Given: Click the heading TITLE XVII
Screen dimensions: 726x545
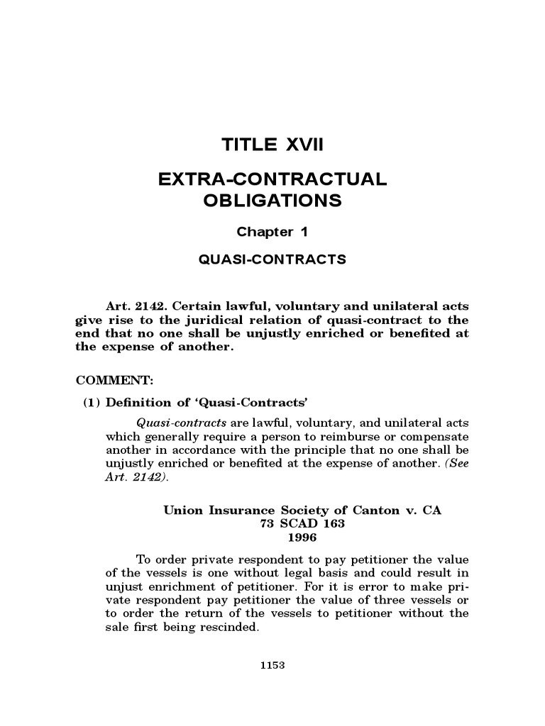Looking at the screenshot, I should (x=272, y=146).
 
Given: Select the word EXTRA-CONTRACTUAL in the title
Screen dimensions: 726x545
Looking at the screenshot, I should (x=272, y=179).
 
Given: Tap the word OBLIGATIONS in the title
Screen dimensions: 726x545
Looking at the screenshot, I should (x=272, y=201).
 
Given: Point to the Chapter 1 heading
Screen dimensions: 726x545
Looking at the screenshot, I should (x=272, y=232).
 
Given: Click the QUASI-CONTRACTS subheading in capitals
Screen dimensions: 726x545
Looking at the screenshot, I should (x=272, y=259).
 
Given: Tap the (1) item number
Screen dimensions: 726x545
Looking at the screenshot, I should (x=92, y=403).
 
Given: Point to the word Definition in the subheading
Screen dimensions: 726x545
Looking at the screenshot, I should (x=137, y=403).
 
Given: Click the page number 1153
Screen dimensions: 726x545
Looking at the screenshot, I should (x=272, y=665).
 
